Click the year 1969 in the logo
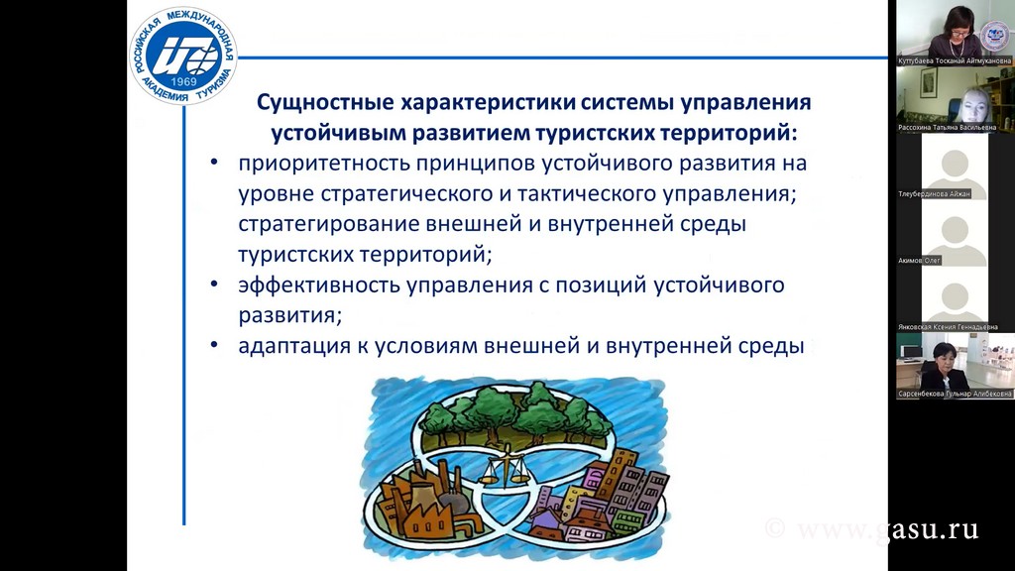pos(183,82)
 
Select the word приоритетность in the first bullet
pos(324,164)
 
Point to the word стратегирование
pos(329,225)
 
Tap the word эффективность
pos(318,285)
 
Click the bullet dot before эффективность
pos(214,285)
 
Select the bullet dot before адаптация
pos(214,345)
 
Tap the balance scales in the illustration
pos(507,469)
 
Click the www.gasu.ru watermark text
pos(887,529)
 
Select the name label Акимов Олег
pos(919,261)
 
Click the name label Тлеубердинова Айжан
pos(934,194)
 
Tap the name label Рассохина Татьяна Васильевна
pos(947,128)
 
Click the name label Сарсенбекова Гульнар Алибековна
pos(955,394)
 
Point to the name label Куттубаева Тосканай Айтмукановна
pos(955,60)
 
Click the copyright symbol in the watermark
pos(775,529)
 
